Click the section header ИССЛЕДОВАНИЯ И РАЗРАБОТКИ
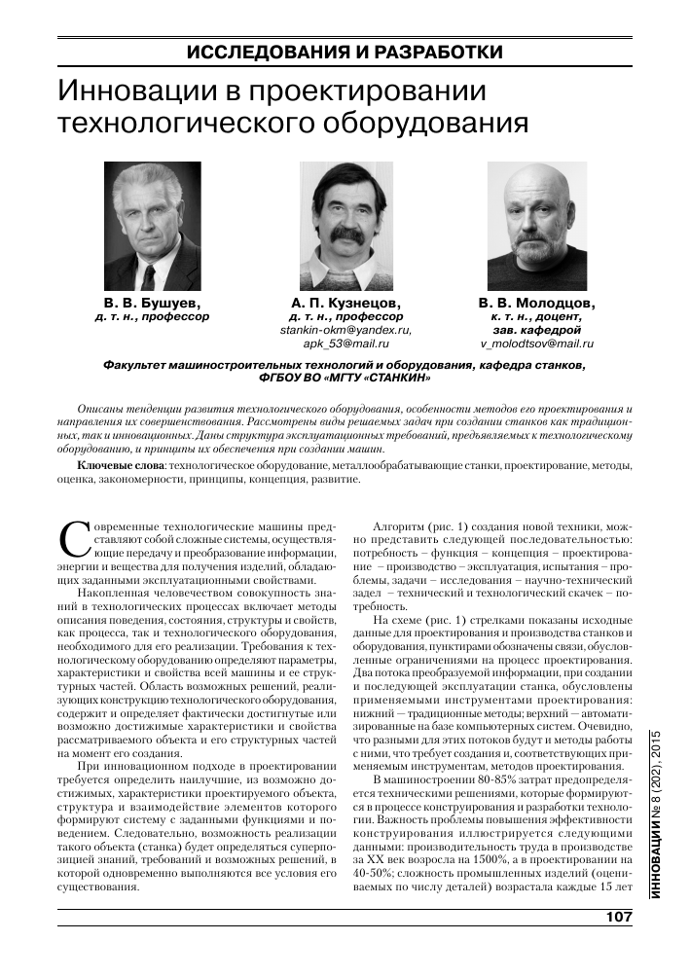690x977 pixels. (344, 52)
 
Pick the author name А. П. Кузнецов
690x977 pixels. (345, 303)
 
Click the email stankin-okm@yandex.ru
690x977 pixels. (345, 330)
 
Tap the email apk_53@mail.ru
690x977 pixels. (345, 344)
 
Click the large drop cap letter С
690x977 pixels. (73, 538)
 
